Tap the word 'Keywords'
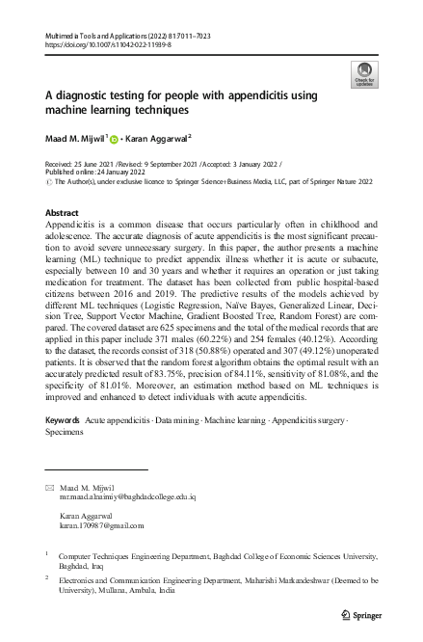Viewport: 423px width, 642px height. [63, 422]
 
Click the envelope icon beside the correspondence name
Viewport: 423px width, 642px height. [50, 488]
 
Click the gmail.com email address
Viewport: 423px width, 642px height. [101, 526]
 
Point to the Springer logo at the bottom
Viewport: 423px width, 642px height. [361, 615]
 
